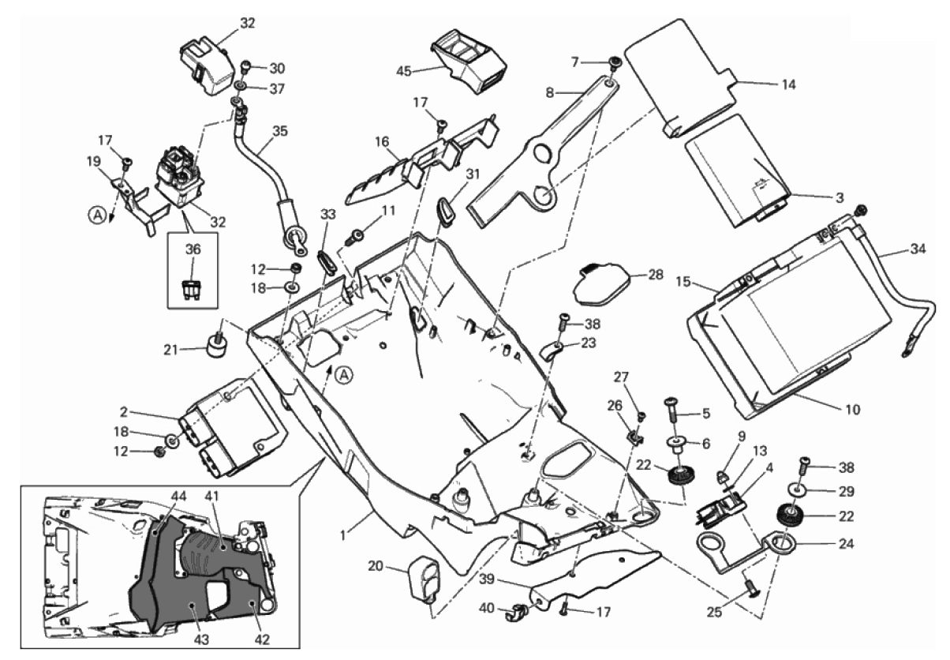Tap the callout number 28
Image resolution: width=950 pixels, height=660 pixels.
pyautogui.click(x=656, y=275)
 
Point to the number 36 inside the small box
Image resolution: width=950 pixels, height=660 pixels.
pyautogui.click(x=193, y=249)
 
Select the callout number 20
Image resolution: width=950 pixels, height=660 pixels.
pyautogui.click(x=376, y=565)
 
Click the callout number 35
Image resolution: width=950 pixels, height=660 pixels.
pyautogui.click(x=278, y=131)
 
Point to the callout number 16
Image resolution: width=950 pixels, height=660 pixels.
pyautogui.click(x=382, y=142)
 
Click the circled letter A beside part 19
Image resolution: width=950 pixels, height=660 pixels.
pyautogui.click(x=95, y=213)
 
